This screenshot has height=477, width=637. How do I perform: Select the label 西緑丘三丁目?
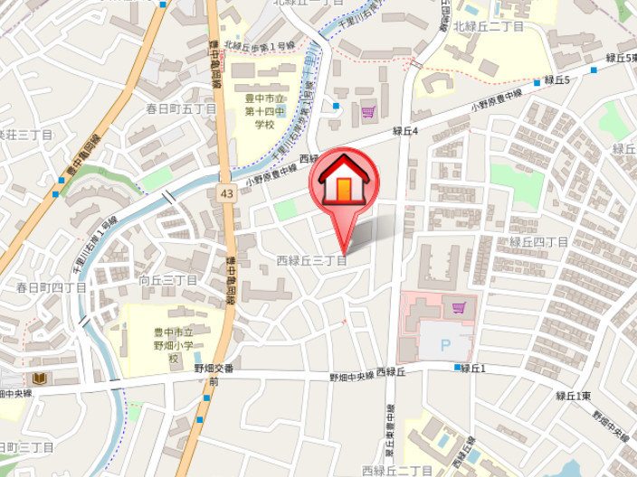coord(311,261)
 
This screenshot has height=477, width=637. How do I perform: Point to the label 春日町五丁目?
coord(182,108)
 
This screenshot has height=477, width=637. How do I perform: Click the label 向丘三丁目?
coord(168,281)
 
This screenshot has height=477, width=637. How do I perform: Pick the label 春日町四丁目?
coord(52,288)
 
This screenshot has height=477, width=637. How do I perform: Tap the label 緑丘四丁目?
coord(538,242)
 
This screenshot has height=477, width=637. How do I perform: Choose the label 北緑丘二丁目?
coord(493,27)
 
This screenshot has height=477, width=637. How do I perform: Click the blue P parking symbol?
coord(444,344)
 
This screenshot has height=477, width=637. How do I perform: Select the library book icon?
coord(39,378)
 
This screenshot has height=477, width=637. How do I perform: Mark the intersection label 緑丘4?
coord(404,131)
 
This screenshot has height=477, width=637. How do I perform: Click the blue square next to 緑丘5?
coord(537,82)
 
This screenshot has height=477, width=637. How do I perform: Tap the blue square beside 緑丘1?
coord(455,367)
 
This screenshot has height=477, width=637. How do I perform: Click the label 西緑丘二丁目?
coord(396,471)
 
